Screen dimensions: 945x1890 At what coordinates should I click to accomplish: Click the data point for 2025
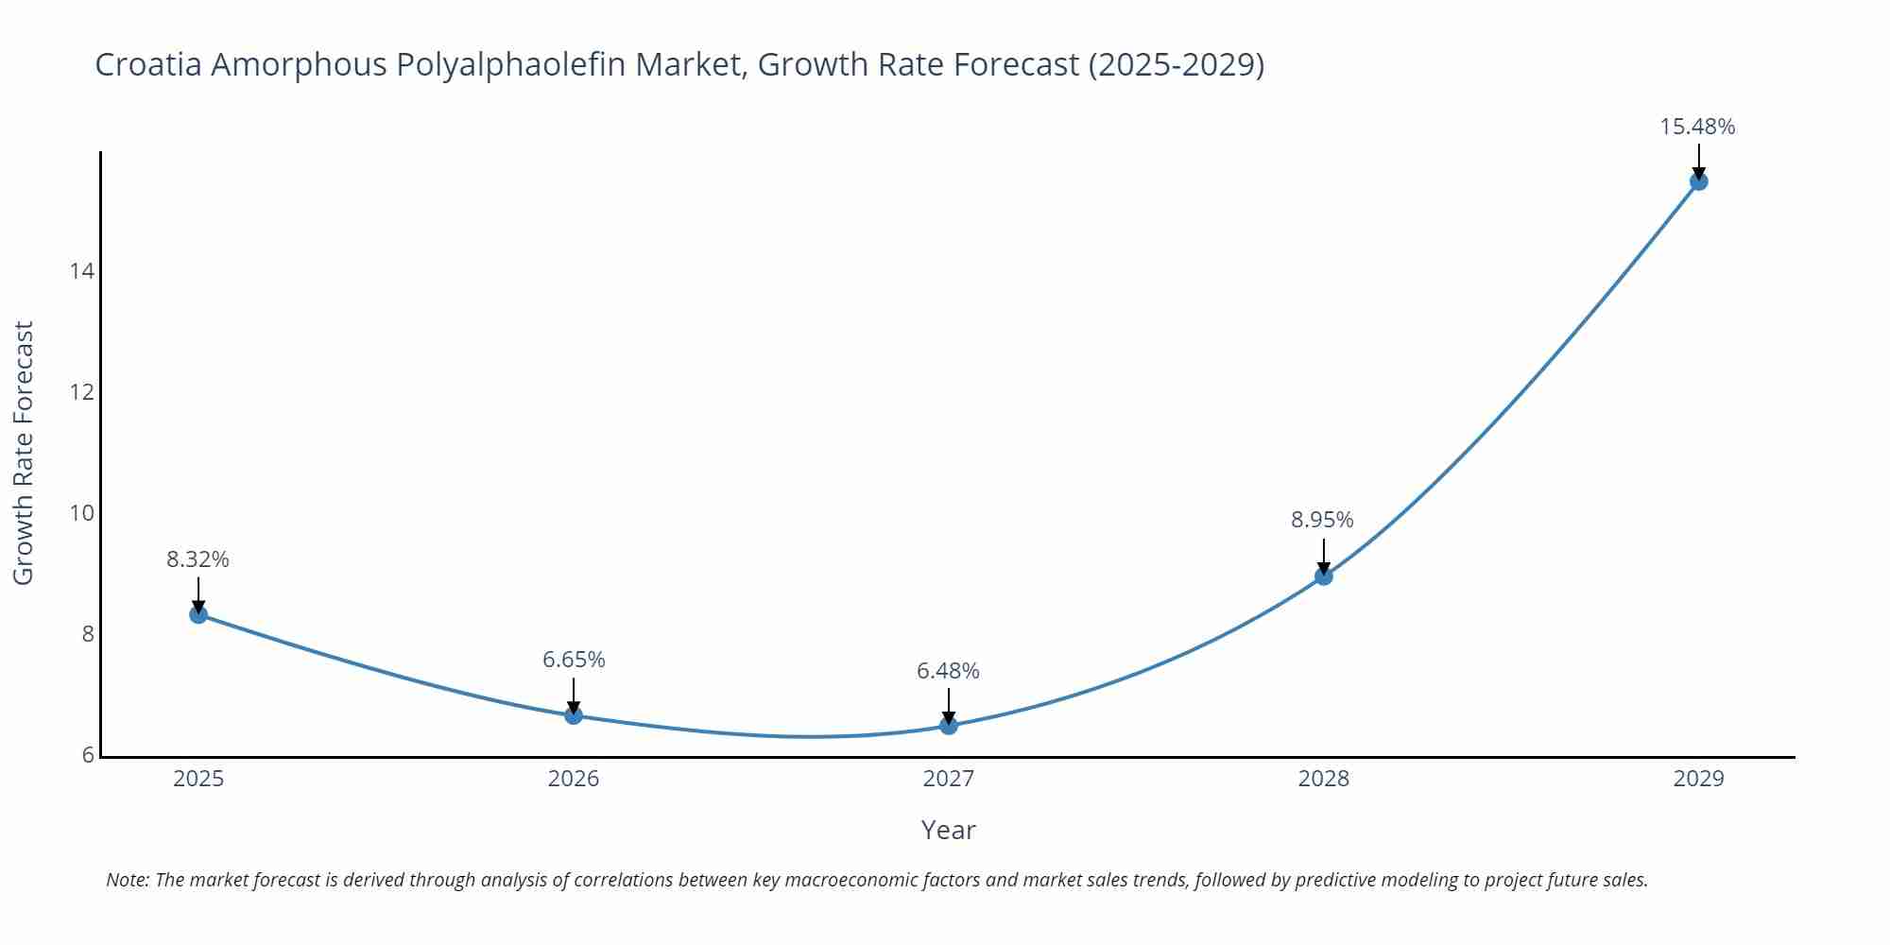[x=198, y=614]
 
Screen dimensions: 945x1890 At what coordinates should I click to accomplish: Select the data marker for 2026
[x=574, y=715]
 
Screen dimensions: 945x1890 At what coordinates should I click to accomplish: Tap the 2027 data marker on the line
[x=949, y=726]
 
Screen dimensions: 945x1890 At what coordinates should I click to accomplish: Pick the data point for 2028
[x=1324, y=576]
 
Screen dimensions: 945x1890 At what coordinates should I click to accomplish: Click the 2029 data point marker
[x=1698, y=181]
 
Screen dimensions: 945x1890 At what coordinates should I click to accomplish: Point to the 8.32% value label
[x=198, y=559]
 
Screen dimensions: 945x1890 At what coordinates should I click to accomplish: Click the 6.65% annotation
[x=574, y=660]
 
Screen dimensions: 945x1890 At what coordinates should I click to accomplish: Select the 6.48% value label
[x=948, y=671]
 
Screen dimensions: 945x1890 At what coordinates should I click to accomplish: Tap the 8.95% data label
[x=1322, y=520]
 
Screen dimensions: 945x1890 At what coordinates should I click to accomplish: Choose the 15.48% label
[x=1697, y=127]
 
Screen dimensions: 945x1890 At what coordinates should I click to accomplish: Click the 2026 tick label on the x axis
[x=574, y=779]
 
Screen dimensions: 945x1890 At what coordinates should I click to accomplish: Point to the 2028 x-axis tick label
[x=1323, y=779]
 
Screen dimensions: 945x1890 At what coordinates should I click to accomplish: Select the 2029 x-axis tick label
[x=1698, y=779]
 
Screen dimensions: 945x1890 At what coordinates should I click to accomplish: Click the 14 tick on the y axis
[x=82, y=271]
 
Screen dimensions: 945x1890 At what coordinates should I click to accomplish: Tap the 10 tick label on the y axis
[x=82, y=513]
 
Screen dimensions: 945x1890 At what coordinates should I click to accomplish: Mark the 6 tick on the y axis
[x=88, y=755]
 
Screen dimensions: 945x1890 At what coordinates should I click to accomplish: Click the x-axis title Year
[x=948, y=830]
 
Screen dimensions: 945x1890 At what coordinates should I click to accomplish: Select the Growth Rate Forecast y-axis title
[x=24, y=453]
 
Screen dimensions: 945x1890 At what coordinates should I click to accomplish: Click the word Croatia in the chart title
[x=148, y=64]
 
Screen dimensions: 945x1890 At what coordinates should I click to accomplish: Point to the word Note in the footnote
[x=127, y=880]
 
